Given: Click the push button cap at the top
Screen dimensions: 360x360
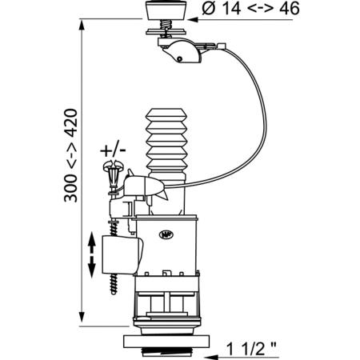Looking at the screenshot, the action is click(x=166, y=10).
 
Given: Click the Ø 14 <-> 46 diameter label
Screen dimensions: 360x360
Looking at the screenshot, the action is click(x=250, y=9).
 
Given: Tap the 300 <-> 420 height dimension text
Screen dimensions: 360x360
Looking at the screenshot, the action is click(x=70, y=155).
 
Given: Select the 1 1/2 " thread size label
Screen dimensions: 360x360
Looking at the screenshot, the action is click(x=251, y=348).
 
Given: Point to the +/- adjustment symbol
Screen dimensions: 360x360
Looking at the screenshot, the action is click(x=113, y=150).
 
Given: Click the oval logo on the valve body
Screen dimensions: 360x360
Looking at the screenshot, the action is click(x=166, y=234).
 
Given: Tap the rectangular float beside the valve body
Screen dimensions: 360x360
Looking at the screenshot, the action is click(x=122, y=255).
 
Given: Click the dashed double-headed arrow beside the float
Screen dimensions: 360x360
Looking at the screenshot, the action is click(x=91, y=255).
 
